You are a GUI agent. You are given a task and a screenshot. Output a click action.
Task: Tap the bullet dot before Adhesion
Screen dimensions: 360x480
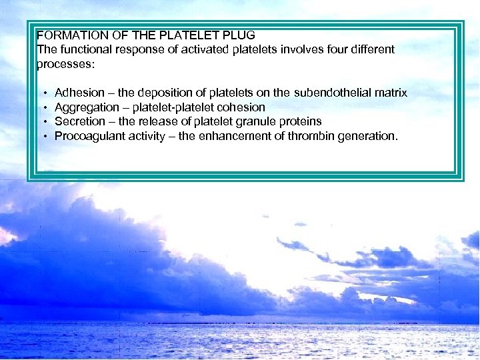(x=44, y=93)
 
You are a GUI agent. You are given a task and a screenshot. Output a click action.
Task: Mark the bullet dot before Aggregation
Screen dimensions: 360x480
(x=44, y=108)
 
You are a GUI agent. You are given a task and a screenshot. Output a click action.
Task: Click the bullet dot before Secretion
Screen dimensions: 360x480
(x=44, y=122)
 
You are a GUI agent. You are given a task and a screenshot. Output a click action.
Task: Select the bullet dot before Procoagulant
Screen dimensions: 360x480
(x=44, y=137)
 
